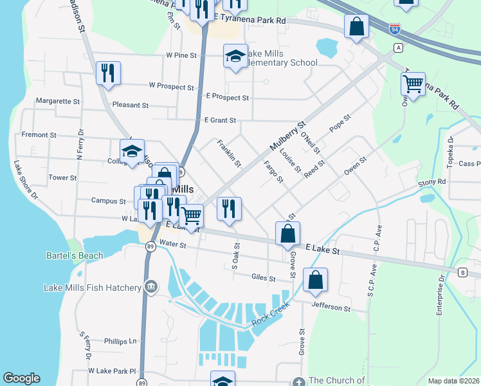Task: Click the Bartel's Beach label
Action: [75, 255]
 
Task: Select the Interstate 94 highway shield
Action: [395, 28]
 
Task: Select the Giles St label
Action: [264, 279]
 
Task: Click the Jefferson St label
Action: [331, 308]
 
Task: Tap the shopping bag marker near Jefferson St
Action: [315, 280]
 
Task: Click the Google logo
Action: [21, 378]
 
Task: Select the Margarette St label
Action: [58, 101]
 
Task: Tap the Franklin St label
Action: [229, 153]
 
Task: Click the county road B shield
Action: [462, 272]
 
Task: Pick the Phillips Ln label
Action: [120, 341]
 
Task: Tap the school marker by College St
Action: [132, 152]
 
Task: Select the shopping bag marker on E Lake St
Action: [287, 234]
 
